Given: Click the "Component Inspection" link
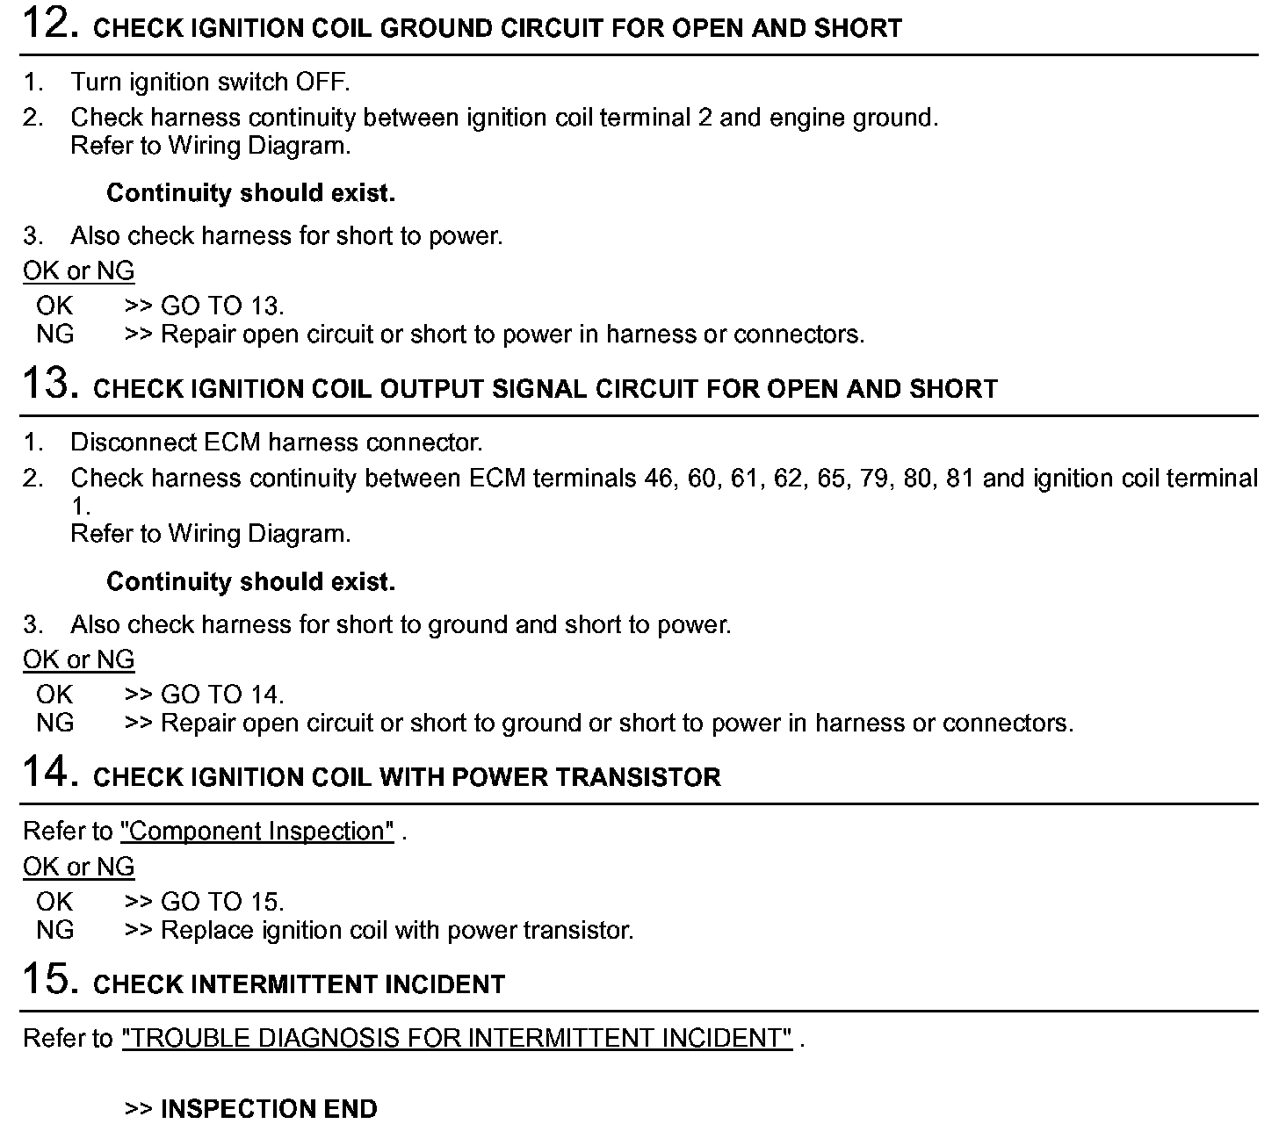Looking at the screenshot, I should click(257, 831).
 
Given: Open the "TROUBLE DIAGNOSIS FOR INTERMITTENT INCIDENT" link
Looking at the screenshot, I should click(457, 1038).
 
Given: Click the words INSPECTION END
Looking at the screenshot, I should click(269, 1108).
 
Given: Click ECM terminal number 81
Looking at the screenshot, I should click(959, 479).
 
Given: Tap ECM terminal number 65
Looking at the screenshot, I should click(830, 479).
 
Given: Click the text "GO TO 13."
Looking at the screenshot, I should click(222, 306).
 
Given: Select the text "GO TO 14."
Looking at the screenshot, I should click(222, 695).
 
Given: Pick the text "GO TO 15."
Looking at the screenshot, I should click(222, 902).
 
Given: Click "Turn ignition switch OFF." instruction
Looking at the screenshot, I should click(210, 83).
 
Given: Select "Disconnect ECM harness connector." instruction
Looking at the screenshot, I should click(276, 443).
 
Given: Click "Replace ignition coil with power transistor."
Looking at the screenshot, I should click(397, 930).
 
